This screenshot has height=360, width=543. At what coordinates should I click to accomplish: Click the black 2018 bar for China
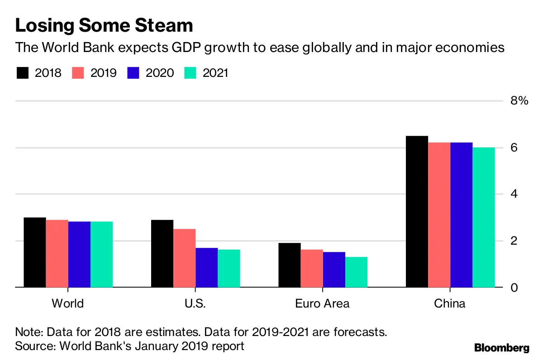[x=417, y=212]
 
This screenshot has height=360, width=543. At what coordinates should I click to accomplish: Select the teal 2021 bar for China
[x=484, y=217]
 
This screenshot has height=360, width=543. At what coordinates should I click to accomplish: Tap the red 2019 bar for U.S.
[x=184, y=258]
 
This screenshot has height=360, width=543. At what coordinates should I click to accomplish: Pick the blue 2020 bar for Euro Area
[x=334, y=270]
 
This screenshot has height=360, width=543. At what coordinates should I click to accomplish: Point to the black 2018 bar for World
[x=35, y=252]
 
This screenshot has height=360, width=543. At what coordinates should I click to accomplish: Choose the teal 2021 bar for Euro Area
[x=356, y=272]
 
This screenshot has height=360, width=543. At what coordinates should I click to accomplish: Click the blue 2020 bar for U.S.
[x=206, y=267]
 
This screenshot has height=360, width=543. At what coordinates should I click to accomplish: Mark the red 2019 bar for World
[x=57, y=253]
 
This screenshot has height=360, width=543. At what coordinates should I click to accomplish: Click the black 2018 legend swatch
[x=23, y=73]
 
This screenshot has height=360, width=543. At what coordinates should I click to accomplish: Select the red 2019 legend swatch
[x=79, y=73]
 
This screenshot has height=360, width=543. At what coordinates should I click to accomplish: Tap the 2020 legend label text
[x=160, y=73]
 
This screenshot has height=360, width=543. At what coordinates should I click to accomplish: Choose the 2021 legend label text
[x=215, y=73]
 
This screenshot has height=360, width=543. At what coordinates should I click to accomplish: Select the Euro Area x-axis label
[x=322, y=303]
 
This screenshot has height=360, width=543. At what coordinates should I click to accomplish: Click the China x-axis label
[x=449, y=303]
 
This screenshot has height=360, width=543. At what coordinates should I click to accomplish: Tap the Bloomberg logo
[x=501, y=348]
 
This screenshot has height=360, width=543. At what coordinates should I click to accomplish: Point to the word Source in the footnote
[x=32, y=346]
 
